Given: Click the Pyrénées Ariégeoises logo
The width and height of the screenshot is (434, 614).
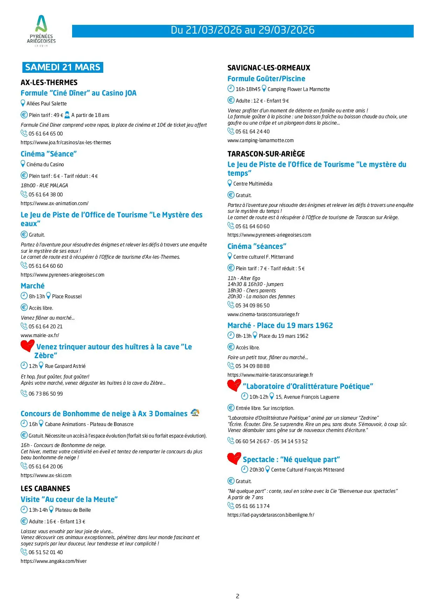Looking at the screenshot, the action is coord(41,31).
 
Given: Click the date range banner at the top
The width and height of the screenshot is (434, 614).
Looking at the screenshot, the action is coord(243,30).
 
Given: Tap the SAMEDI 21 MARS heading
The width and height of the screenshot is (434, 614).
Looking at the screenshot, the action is coord(63,67).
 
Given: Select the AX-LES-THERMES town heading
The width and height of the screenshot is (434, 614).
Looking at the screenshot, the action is coord(49,83).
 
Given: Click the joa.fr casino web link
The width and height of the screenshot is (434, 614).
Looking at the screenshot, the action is coord(66,142).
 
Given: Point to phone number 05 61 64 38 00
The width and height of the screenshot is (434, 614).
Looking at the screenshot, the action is coord(45,195).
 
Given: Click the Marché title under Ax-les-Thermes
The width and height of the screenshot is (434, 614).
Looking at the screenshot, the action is coord(33,286).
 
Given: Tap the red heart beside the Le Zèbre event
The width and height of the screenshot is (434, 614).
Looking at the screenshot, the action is coord(27,346).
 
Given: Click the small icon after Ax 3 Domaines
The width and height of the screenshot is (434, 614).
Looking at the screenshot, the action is coord(195,413).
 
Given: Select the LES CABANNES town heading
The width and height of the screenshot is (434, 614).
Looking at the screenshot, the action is coord(45,489).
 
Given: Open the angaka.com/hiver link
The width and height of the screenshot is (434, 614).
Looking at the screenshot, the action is coord(54,561).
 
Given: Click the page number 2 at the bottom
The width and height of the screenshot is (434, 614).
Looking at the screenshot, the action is coord(238,596).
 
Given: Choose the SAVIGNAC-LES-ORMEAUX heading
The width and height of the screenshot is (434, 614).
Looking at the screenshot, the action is coord(269,68).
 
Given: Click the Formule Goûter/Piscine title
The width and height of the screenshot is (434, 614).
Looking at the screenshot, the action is coord(266,79).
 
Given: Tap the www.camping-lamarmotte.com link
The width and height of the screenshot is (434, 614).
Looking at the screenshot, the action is coord(260,140).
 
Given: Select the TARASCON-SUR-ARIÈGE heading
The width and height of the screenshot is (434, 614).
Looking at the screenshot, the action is coord(266,154).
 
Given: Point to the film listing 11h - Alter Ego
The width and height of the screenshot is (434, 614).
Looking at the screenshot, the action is coord(244,278).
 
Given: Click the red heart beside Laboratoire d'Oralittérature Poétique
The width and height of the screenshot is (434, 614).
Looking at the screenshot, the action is coord(234,385).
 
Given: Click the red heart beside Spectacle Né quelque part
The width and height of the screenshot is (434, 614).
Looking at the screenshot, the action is coord(234,458).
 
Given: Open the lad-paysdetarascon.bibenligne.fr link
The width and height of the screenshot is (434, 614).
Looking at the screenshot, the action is coord(271,515).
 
